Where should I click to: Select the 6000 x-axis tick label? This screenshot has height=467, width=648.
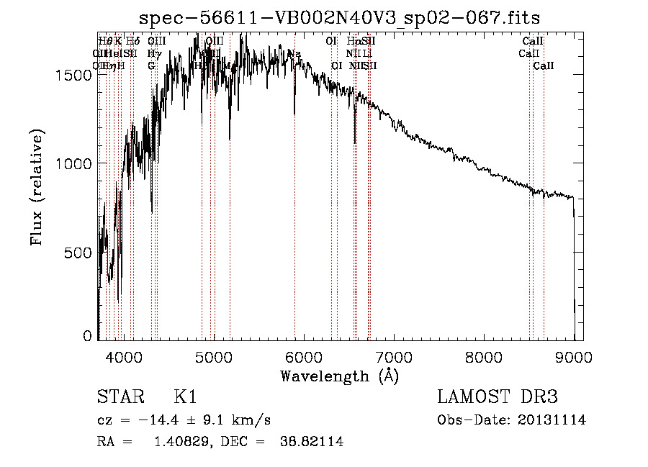(x=304, y=356)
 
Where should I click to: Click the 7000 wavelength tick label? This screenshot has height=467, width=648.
(x=394, y=356)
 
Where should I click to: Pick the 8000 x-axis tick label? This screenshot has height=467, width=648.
(x=484, y=356)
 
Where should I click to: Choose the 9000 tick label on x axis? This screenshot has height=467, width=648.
(x=574, y=356)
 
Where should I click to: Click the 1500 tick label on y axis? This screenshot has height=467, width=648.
(x=75, y=76)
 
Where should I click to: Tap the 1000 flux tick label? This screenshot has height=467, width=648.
(x=75, y=164)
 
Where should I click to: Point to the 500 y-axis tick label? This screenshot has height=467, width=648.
(x=79, y=253)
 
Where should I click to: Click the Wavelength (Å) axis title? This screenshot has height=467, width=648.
(x=339, y=376)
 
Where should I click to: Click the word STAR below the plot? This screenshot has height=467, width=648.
(x=120, y=397)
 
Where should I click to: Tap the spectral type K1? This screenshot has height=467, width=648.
(x=184, y=397)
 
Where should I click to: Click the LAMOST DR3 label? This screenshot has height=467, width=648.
(x=498, y=397)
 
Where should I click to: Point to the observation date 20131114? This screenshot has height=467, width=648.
(x=552, y=420)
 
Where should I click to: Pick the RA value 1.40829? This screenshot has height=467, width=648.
(x=181, y=442)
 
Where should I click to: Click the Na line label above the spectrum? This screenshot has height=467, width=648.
(x=294, y=54)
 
